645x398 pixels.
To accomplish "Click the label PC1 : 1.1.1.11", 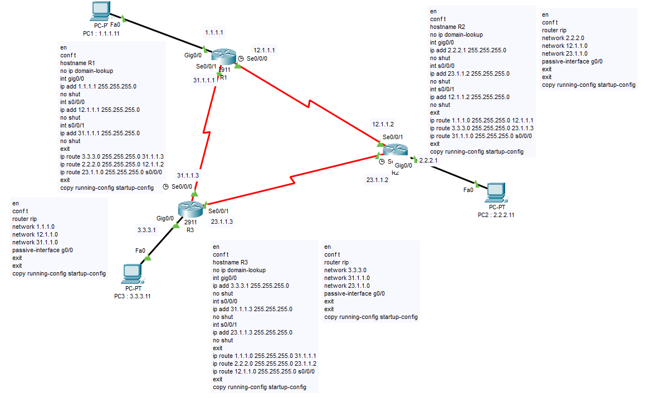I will [102, 33].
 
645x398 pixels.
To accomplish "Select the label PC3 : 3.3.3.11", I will [132, 296].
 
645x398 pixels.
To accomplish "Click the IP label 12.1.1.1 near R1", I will [264, 50].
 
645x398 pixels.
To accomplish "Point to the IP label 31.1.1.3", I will [188, 175].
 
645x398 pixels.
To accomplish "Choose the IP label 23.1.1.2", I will [378, 180].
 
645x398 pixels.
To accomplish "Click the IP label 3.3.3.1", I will [146, 229].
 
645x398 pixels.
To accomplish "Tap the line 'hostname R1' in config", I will [78, 63].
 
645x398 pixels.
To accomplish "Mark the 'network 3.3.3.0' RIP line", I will [346, 270].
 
